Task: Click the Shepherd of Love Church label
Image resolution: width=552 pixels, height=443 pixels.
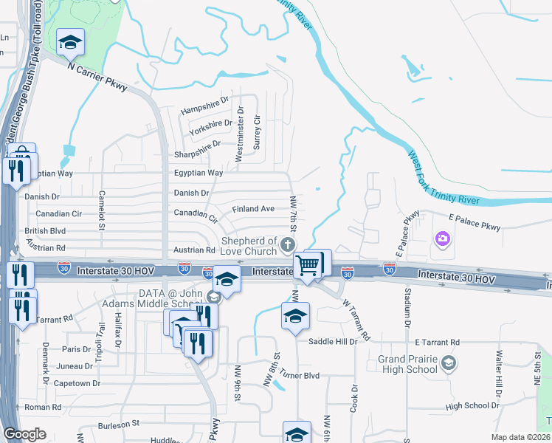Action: point(249,246)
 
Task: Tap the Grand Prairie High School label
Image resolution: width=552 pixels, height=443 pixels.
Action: point(407,364)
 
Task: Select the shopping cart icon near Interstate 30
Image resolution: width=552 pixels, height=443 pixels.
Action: point(307,266)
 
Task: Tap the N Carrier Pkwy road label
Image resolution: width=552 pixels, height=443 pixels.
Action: point(97,76)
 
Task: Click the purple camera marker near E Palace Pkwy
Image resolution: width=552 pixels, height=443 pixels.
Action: point(442,238)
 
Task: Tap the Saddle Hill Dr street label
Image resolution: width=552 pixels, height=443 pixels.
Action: point(333,341)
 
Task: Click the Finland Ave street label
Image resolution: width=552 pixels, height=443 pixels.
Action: point(253,209)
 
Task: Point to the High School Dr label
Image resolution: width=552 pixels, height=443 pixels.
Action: point(472,405)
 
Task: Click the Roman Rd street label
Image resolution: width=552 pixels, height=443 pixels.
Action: point(42,407)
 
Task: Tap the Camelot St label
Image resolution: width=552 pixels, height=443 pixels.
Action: point(103,210)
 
